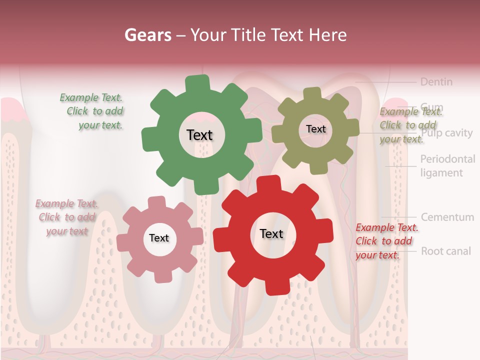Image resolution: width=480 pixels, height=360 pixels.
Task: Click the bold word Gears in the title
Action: coord(147,35)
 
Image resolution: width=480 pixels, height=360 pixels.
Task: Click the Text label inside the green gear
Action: coord(199,135)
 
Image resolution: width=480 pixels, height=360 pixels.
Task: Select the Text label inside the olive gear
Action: coord(315,129)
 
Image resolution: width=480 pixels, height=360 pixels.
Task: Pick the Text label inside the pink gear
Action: coord(159,238)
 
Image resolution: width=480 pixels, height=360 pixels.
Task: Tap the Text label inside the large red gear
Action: coord(271,233)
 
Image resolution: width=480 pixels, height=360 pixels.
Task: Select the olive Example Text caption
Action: coord(409,125)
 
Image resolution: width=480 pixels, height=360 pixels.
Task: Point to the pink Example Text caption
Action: coord(66,217)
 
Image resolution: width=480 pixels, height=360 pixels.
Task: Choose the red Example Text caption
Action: coord(386,241)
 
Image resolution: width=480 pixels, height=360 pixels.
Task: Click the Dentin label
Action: coord(436,81)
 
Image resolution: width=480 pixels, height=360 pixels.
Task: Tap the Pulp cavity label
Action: coord(446,133)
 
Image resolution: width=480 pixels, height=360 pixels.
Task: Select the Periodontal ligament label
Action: coord(447,166)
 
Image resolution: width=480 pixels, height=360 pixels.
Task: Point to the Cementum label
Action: coord(447,217)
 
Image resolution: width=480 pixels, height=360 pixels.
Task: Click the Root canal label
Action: coord(445,251)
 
